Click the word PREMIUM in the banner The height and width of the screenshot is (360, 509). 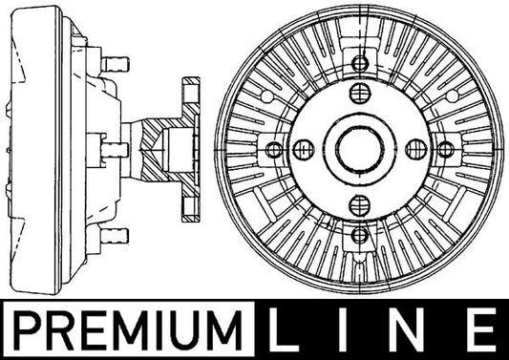pos(128,329)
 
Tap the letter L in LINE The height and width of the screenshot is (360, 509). pos(282,329)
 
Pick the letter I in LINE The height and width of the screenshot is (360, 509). pos(343,329)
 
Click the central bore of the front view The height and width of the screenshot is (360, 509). pos(360,149)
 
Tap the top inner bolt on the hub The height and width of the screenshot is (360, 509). pos(360,94)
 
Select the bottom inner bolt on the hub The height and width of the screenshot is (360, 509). pos(360,205)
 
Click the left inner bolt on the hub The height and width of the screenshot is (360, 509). pos(304,150)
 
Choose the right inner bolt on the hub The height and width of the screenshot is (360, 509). pos(416,149)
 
